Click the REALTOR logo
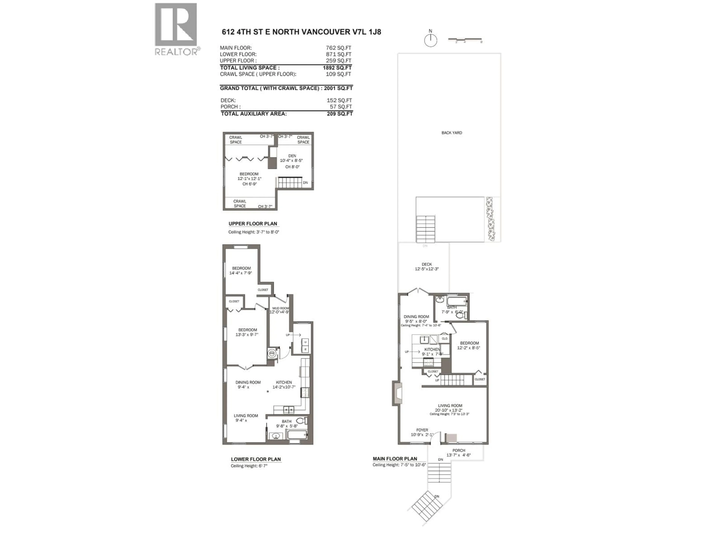pyautogui.click(x=176, y=29)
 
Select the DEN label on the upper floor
pyautogui.click(x=292, y=156)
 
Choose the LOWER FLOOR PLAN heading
pyautogui.click(x=256, y=459)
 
